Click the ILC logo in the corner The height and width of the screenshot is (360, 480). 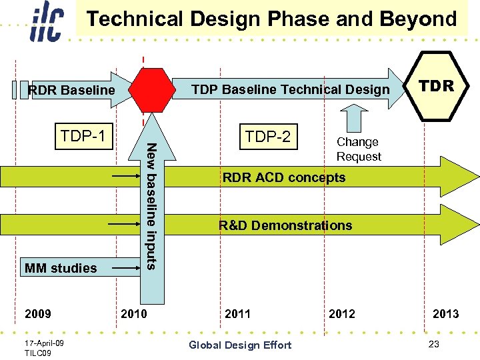(x=47, y=23)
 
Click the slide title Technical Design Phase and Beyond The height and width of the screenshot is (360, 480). (x=272, y=19)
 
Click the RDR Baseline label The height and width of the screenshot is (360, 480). (x=71, y=90)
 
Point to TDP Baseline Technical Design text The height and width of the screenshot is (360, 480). (x=290, y=89)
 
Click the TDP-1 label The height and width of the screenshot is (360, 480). (x=83, y=137)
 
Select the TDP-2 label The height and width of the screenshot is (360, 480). (x=267, y=137)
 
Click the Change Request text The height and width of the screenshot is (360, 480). (x=359, y=149)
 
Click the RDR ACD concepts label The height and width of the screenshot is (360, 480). (x=283, y=177)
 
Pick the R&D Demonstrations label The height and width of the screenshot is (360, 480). (x=285, y=225)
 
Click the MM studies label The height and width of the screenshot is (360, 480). (x=61, y=268)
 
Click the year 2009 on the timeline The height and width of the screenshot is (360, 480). (x=37, y=313)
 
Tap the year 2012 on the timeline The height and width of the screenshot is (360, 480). (x=342, y=313)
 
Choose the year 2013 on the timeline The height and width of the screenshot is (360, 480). (x=445, y=313)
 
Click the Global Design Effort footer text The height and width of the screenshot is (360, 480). (x=240, y=345)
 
